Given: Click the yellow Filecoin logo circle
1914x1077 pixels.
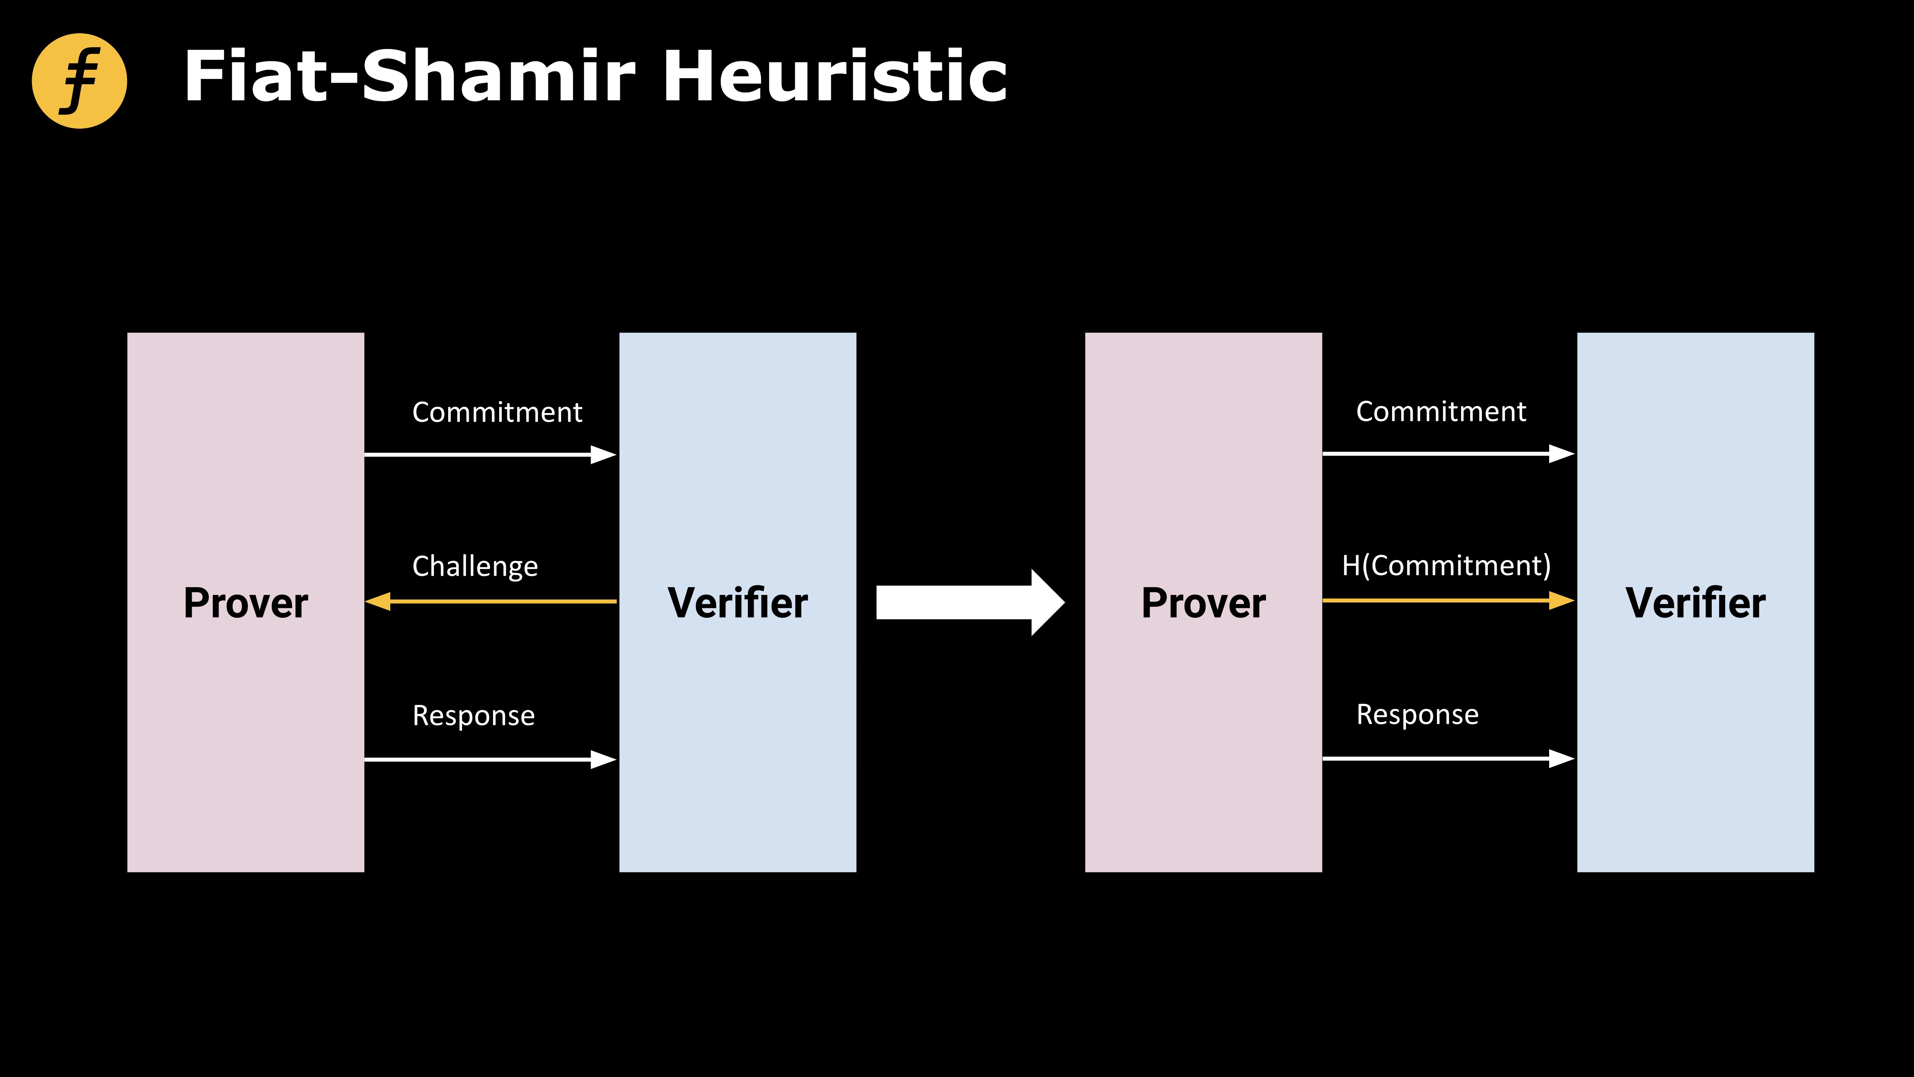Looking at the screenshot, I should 80,81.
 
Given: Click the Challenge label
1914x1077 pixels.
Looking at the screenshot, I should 475,567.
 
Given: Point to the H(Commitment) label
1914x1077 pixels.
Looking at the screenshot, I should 1446,566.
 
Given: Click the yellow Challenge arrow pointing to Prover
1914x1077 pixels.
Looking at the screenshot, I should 490,601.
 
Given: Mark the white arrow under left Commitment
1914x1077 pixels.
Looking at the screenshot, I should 490,454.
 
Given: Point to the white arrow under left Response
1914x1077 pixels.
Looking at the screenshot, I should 490,759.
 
